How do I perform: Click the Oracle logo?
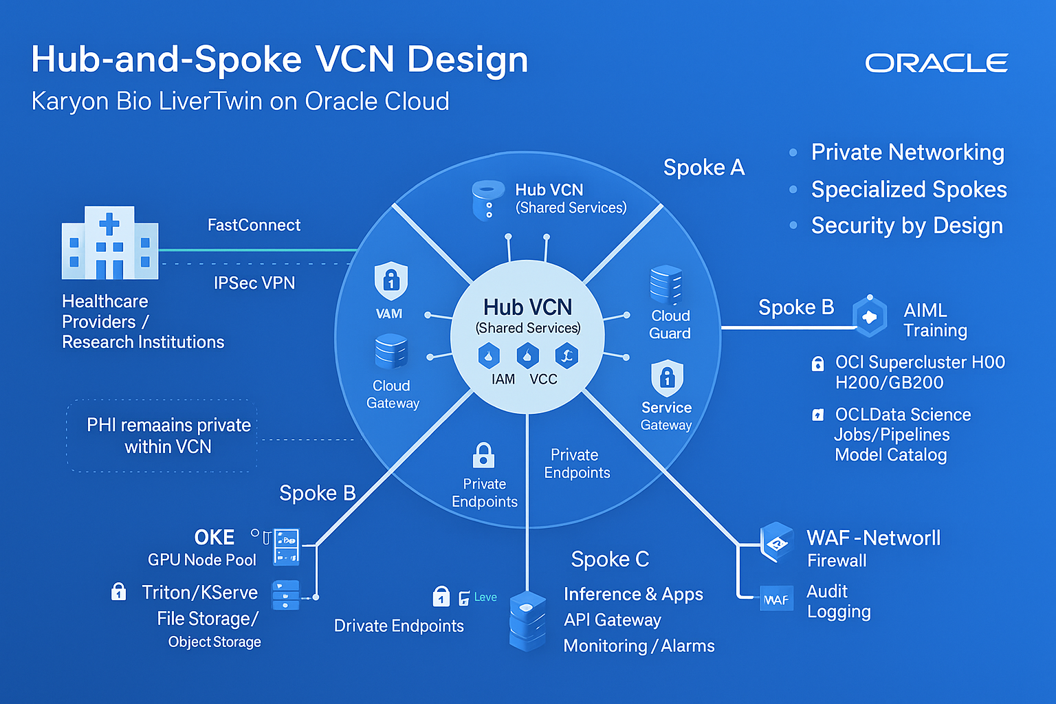[936, 63]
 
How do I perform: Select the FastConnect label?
[254, 225]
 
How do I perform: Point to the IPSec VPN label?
[254, 283]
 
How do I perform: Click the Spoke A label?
[703, 168]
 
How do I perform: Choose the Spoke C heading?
[610, 560]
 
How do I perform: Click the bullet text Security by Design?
[906, 225]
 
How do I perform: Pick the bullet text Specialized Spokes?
[908, 189]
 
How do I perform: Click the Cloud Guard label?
[670, 324]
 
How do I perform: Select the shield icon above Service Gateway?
[667, 377]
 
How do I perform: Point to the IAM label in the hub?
[503, 379]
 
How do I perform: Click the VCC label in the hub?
[543, 379]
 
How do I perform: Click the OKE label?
[214, 537]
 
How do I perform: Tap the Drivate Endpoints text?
[399, 626]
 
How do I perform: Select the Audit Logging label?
[838, 602]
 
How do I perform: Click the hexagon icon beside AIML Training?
[870, 316]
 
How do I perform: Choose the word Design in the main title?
[467, 59]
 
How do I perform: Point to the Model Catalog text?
[890, 455]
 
